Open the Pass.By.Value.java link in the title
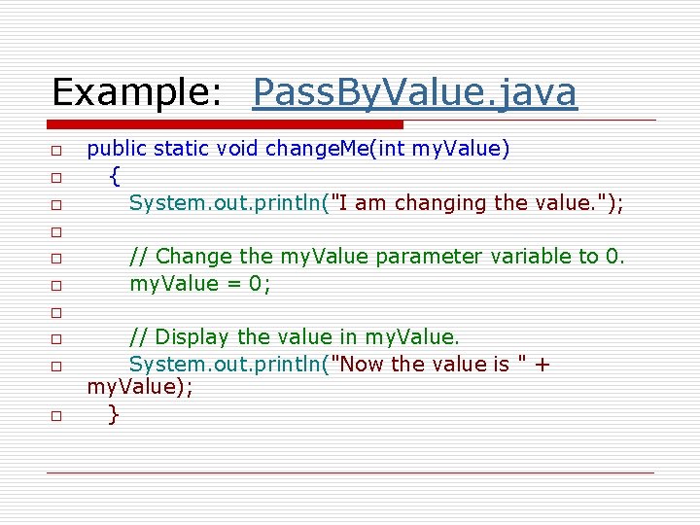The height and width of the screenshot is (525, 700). pyautogui.click(x=414, y=92)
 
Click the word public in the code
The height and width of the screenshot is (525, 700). pyautogui.click(x=117, y=149)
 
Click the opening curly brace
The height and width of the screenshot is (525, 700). pyautogui.click(x=115, y=176)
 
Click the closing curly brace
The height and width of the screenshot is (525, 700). pyautogui.click(x=114, y=414)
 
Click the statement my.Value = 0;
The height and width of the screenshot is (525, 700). pyautogui.click(x=200, y=284)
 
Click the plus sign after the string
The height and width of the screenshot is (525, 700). pyautogui.click(x=542, y=365)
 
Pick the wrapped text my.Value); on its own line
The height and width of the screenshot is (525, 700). pyautogui.click(x=140, y=388)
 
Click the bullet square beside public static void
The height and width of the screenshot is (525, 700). pyautogui.click(x=57, y=152)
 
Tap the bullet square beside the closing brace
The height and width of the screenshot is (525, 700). pyautogui.click(x=57, y=416)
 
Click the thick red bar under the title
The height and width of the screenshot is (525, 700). pyautogui.click(x=225, y=124)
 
